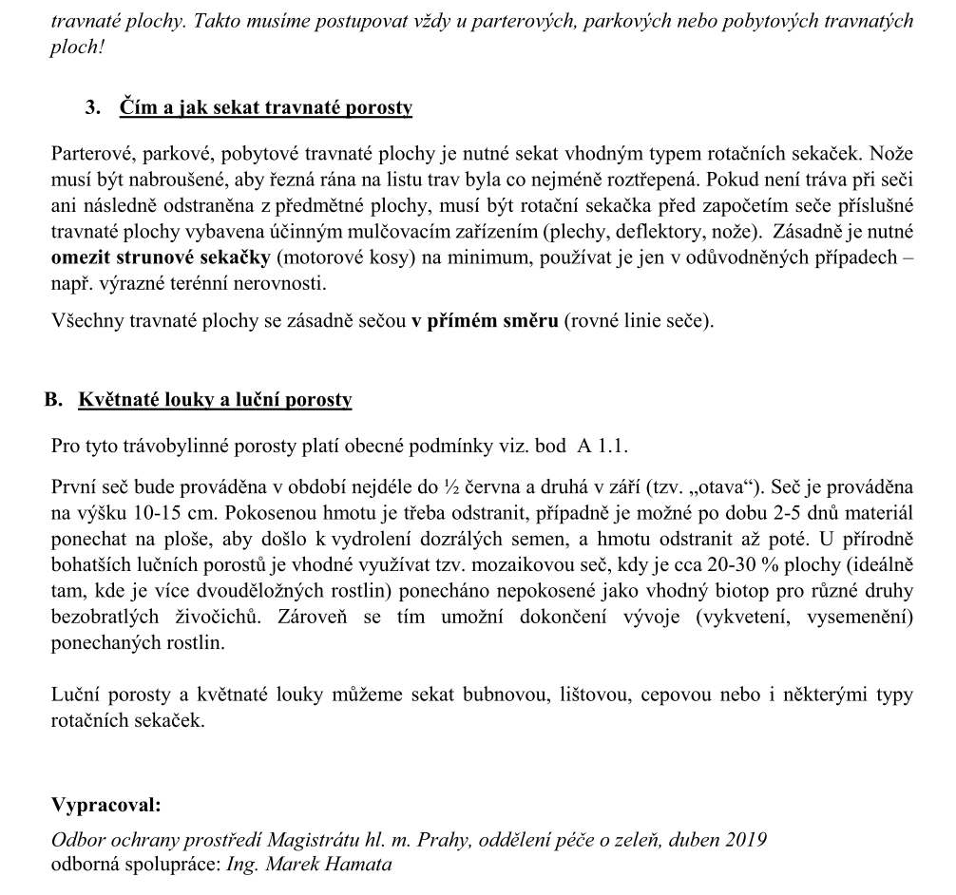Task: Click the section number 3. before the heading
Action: coord(92,107)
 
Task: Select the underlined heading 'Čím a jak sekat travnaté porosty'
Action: coord(266,107)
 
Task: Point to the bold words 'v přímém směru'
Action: coord(485,320)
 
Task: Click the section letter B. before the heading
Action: coord(53,400)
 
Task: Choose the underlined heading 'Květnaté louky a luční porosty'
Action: coord(215,400)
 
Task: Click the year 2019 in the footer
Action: coord(746,840)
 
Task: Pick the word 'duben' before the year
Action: coord(690,840)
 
